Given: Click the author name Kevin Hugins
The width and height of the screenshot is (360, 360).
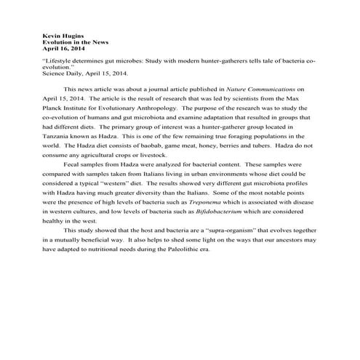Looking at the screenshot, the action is coord(61,34).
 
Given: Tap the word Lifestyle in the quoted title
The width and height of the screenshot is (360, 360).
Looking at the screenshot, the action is coord(61,62).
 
